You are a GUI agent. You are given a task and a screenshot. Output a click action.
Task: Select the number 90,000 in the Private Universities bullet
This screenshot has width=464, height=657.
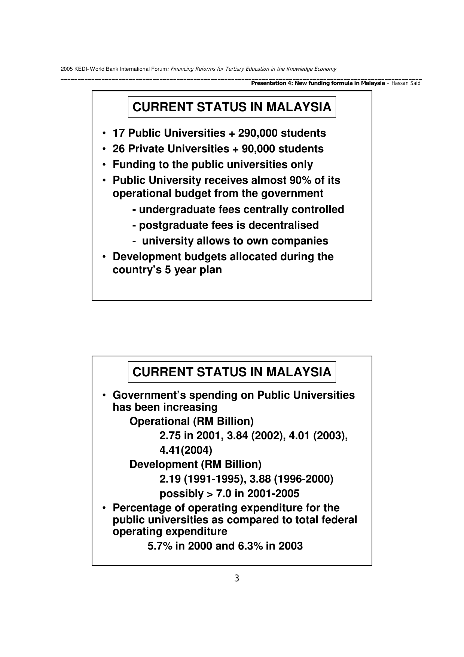pos(259,149)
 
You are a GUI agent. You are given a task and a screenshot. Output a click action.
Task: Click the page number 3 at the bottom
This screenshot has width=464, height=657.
pos(236,578)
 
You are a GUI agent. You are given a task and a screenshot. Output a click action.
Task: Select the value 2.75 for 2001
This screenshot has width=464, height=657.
pos(170,436)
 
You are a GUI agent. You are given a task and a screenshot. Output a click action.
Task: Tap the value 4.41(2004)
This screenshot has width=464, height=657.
pos(186,450)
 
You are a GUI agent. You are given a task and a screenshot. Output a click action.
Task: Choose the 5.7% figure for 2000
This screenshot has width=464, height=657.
pos(160,546)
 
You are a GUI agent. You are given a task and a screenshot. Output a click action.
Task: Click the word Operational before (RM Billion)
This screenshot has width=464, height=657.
pos(159,422)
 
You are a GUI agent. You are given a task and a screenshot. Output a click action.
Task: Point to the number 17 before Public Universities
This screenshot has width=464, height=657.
pos(119,133)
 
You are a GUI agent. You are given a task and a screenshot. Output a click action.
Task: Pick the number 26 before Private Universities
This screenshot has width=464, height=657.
pos(119,149)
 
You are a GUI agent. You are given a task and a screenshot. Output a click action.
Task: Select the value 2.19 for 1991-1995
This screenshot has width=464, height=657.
pos(170,479)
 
